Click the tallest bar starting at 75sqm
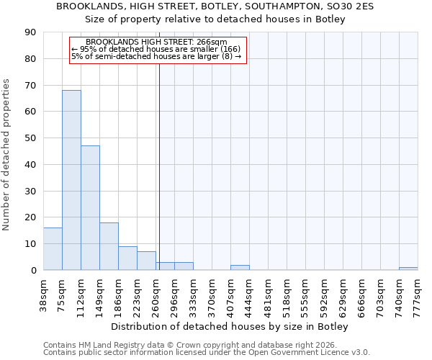[x=71, y=180]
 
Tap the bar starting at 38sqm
[x=53, y=248]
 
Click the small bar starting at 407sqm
[x=240, y=267]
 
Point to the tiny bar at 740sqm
[x=408, y=269]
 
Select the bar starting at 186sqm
[x=127, y=258]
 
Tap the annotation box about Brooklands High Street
[x=158, y=50]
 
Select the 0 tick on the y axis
[x=33, y=270]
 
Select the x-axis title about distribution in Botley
[x=230, y=327]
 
